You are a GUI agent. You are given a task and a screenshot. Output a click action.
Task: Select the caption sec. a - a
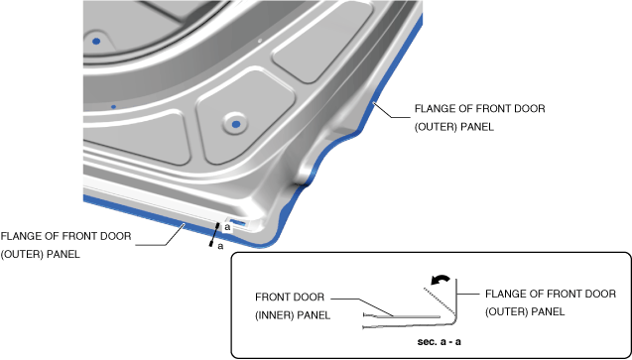click(439, 342)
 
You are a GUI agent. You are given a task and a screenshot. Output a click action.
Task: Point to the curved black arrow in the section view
click(440, 279)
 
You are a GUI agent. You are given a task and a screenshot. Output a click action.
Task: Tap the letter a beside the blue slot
click(227, 228)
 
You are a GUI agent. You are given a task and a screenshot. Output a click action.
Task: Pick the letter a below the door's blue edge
click(220, 246)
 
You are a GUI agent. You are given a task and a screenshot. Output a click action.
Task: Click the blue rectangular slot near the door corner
click(238, 222)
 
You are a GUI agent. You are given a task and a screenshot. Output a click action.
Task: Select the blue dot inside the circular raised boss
click(236, 124)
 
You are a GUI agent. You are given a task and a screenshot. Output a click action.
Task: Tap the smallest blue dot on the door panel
click(114, 107)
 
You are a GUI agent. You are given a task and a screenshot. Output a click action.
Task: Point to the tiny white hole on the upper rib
click(260, 41)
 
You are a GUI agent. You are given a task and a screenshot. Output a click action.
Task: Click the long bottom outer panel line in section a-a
click(407, 326)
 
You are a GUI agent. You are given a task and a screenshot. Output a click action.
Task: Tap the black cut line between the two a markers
click(214, 234)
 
